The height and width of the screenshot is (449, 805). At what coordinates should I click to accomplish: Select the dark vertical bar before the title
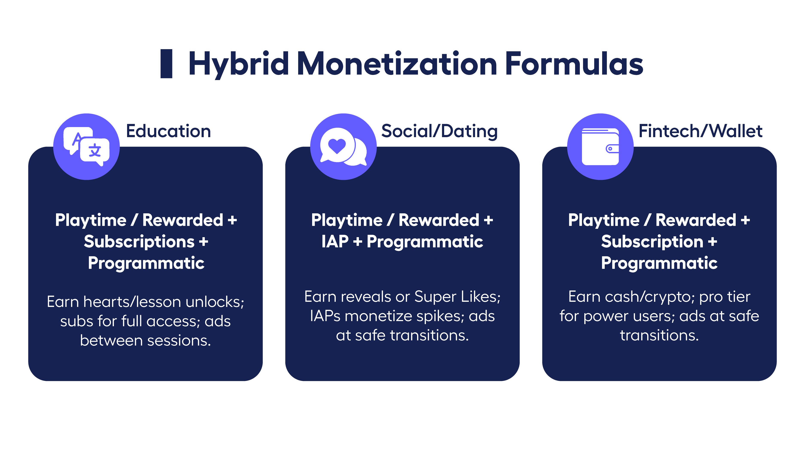point(166,64)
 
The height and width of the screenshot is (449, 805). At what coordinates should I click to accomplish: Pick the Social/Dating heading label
point(439,131)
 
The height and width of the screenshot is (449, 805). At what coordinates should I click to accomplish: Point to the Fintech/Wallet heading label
point(700,131)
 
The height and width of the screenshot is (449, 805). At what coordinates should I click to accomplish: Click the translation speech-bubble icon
point(87,146)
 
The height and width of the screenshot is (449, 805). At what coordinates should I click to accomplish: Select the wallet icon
point(600,147)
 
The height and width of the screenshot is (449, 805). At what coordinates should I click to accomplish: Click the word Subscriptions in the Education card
point(139,242)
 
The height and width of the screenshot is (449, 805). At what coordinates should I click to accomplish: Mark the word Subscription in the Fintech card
point(652,242)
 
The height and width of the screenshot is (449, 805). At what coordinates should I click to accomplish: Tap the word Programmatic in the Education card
point(146,263)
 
